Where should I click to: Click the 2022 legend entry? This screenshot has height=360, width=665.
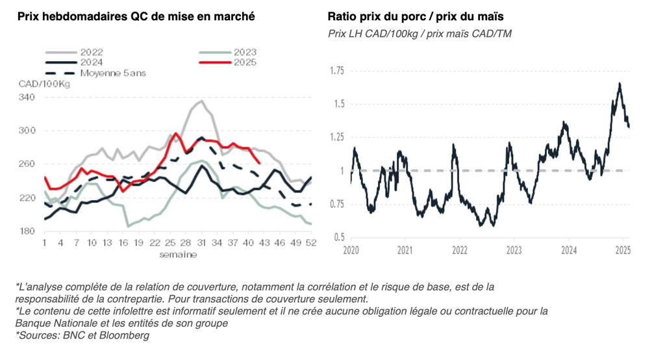point(91,52)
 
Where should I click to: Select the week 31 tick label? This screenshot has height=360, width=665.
point(202,242)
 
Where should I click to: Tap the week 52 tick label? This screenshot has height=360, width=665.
point(310,242)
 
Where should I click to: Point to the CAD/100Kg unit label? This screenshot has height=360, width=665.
point(44,84)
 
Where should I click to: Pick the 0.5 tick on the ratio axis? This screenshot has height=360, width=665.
point(340,237)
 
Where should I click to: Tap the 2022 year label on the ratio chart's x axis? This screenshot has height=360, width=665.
point(459,250)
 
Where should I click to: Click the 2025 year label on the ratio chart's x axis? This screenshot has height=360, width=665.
point(622,250)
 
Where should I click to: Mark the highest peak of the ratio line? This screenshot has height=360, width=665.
point(620,84)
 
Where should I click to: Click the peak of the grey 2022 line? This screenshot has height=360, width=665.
point(202,101)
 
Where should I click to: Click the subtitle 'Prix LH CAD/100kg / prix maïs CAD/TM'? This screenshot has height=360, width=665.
point(420,33)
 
